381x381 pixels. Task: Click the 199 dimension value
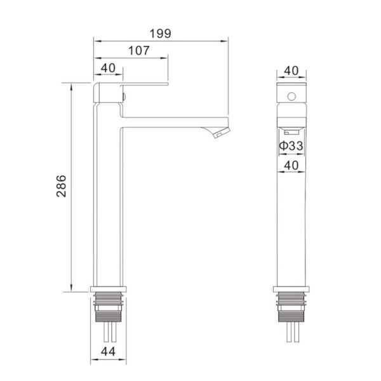tap(161, 34)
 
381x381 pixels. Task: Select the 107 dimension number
tap(138, 51)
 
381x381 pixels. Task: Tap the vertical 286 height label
tap(61, 185)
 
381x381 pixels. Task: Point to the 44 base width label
tap(109, 351)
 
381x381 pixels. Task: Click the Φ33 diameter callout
tap(291, 146)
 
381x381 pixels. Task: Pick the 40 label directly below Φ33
tap(291, 166)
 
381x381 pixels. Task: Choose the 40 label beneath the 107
tap(108, 68)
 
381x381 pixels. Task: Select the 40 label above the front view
tap(291, 70)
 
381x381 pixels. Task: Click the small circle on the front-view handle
tap(291, 97)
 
